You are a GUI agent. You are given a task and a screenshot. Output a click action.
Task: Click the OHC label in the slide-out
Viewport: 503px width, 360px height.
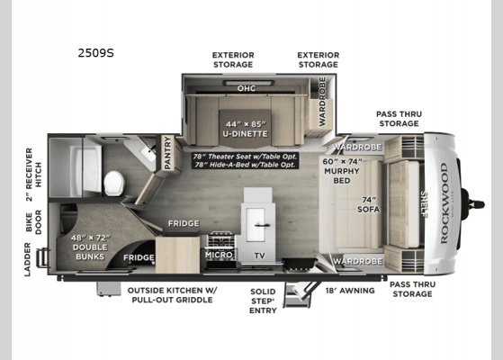point(247,88)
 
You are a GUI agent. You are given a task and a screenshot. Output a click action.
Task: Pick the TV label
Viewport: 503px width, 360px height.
point(260,256)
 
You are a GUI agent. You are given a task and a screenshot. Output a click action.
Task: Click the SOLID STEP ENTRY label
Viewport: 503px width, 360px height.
point(265,301)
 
